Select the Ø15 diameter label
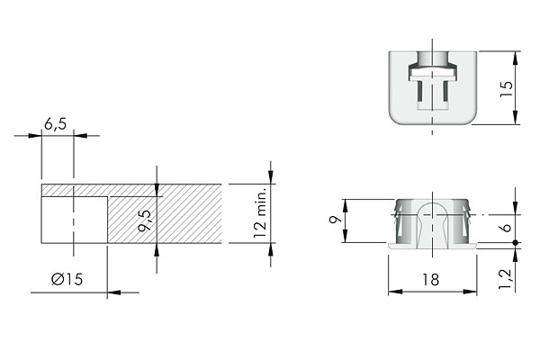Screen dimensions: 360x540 click(67, 280)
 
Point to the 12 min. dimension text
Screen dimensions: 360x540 click(259, 213)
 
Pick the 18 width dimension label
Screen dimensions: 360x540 click(433, 281)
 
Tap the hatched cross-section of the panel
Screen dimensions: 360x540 click(166, 216)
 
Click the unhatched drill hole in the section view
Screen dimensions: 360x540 click(74, 220)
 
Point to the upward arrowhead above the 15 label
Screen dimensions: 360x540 click(514, 56)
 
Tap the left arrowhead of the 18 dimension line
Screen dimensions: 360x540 click(392, 292)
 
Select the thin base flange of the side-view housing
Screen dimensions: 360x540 click(432, 243)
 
